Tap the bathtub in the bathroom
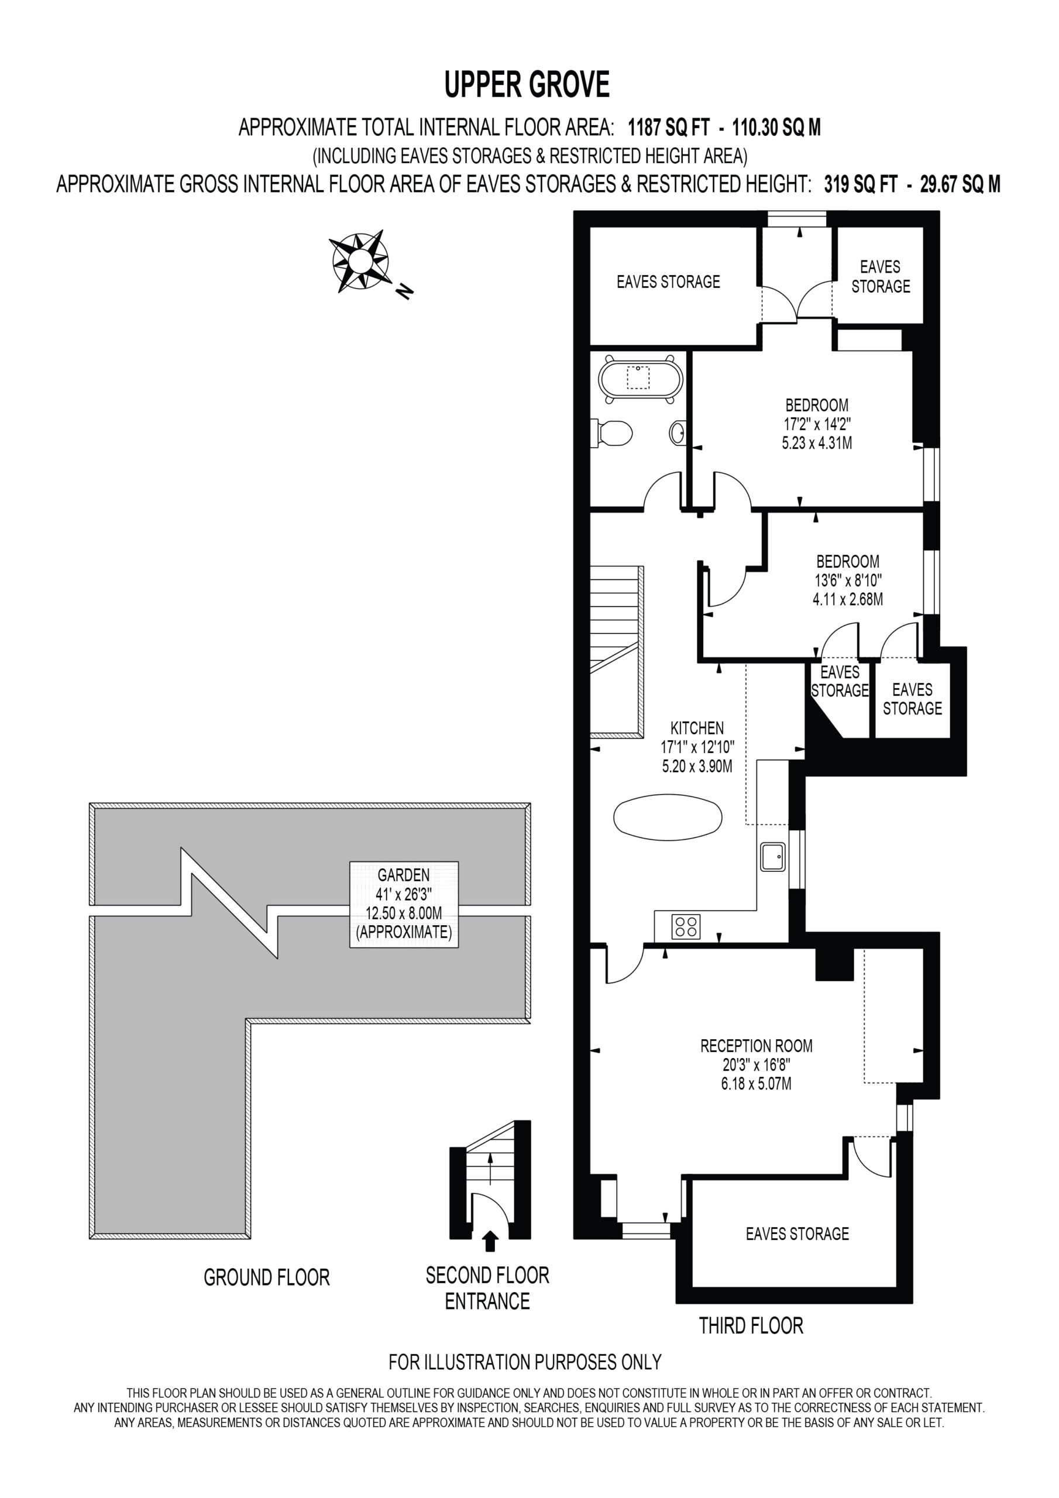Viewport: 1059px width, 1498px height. (641, 378)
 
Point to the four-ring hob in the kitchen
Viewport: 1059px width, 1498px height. (686, 926)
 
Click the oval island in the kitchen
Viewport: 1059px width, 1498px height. (668, 817)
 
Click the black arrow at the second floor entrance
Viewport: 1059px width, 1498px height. (490, 1241)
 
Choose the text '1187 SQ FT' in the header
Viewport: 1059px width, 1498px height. (668, 126)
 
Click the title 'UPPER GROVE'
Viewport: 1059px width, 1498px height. (527, 85)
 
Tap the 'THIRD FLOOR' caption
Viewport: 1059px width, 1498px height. (751, 1326)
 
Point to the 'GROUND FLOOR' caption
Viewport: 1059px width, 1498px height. (267, 1277)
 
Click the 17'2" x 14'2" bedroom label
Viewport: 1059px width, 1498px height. (817, 424)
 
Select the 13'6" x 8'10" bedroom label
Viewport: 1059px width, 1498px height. (848, 580)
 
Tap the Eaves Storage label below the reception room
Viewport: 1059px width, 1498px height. (797, 1233)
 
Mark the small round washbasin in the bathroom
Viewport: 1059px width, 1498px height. (678, 432)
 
